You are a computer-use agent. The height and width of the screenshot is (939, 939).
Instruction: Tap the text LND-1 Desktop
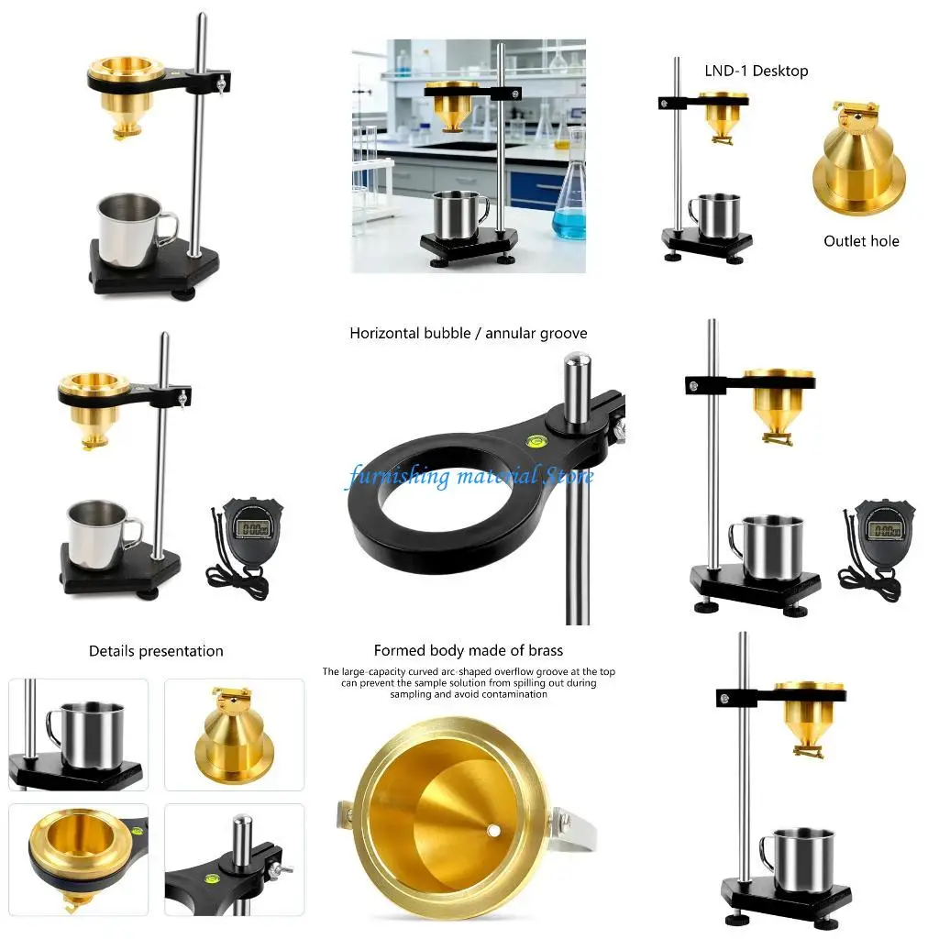click(757, 71)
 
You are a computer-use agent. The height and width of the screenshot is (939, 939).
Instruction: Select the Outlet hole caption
click(861, 241)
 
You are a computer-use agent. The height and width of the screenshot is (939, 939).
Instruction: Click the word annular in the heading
click(512, 333)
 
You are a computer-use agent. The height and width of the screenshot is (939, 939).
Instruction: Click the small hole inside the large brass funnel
click(493, 831)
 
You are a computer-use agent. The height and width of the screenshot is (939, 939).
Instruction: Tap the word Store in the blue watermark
click(569, 477)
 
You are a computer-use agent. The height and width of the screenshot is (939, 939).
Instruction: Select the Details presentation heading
click(156, 651)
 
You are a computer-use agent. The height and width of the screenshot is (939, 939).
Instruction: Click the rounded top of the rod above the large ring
click(575, 370)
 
